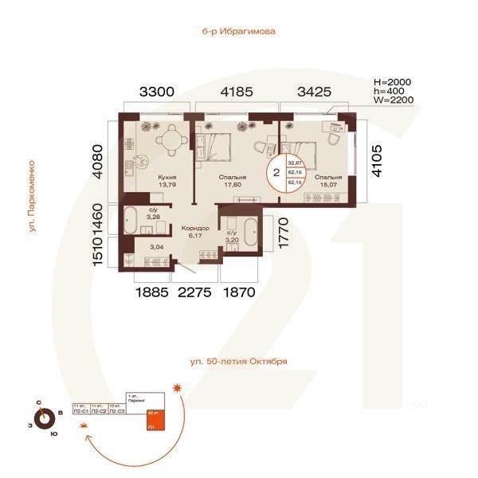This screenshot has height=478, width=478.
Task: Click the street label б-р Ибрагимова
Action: pos(239,32)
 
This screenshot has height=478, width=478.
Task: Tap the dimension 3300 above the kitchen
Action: pos(156,92)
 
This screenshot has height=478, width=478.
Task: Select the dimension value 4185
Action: pos(237,92)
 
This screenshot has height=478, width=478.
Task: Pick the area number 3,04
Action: pos(158,247)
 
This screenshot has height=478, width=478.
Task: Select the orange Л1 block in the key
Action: pos(154,422)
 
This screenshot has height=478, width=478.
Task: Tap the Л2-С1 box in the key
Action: pos(80,411)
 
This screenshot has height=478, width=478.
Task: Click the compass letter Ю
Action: pos(53,433)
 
